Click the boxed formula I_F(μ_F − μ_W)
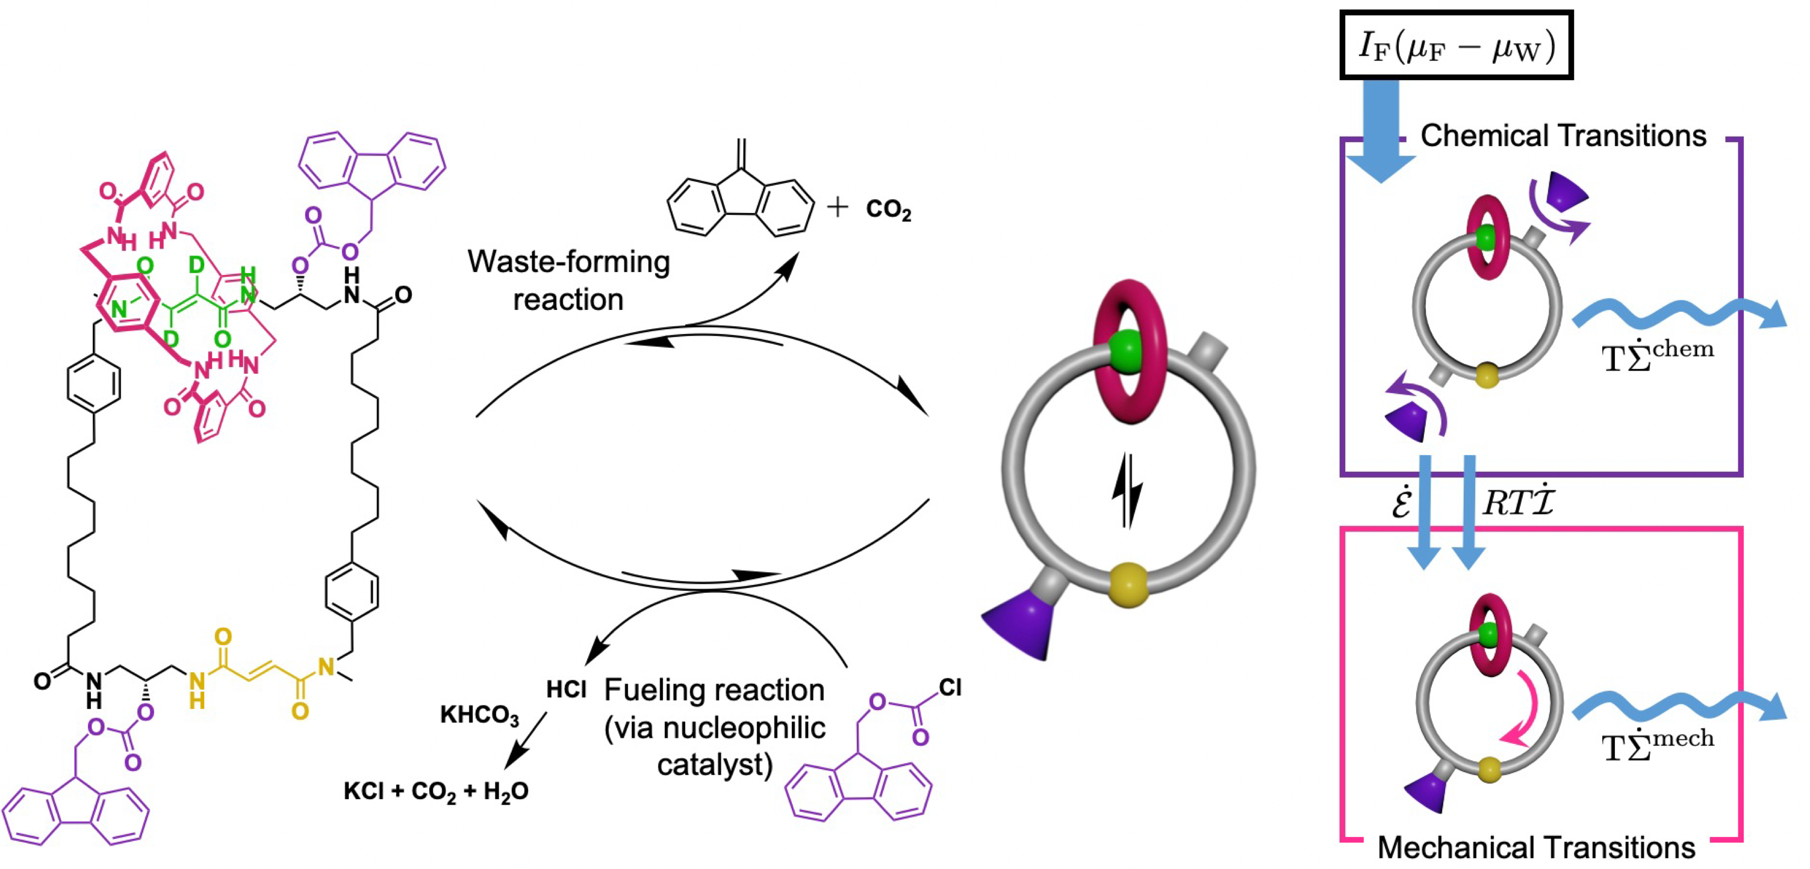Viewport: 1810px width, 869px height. [x=1455, y=45]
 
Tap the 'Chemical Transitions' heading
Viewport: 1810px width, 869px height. [x=1563, y=135]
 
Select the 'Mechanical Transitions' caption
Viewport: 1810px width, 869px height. [x=1536, y=848]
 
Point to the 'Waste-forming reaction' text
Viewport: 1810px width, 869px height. [x=568, y=280]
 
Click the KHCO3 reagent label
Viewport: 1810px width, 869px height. [x=479, y=715]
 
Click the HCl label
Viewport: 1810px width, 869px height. [x=565, y=690]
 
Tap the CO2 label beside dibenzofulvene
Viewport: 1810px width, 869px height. [x=888, y=209]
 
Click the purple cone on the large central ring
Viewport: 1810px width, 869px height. [x=1019, y=622]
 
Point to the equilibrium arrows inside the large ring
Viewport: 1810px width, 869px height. [x=1127, y=489]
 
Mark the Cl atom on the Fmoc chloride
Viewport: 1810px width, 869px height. [x=950, y=688]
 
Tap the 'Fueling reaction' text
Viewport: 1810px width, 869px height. [x=714, y=690]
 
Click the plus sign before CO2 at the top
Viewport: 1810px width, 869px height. [x=837, y=207]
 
